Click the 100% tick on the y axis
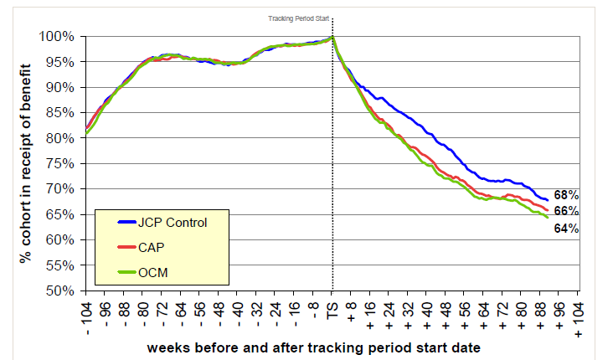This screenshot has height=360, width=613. point(60,37)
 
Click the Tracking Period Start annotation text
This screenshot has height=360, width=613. point(297,16)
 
